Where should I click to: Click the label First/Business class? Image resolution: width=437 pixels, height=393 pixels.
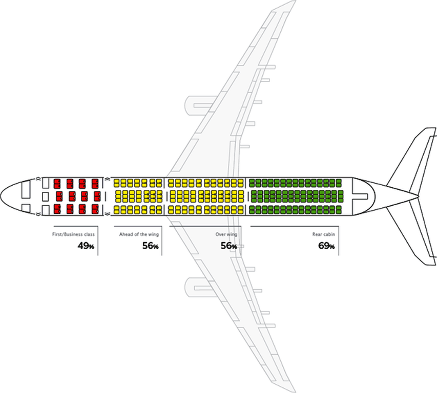(73, 234)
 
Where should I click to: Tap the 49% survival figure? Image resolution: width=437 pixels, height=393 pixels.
(86, 246)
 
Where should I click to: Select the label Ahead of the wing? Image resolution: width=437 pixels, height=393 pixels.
(139, 234)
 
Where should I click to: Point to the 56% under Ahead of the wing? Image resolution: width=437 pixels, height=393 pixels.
(150, 246)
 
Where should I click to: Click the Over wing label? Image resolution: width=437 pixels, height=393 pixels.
(226, 234)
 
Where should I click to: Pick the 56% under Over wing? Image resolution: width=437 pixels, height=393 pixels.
(228, 246)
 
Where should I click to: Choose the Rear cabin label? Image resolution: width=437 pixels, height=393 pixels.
(323, 234)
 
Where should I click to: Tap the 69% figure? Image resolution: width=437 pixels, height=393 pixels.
(326, 246)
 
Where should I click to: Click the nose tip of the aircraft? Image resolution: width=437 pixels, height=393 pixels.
(2, 195)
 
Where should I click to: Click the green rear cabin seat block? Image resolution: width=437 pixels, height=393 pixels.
(295, 196)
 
